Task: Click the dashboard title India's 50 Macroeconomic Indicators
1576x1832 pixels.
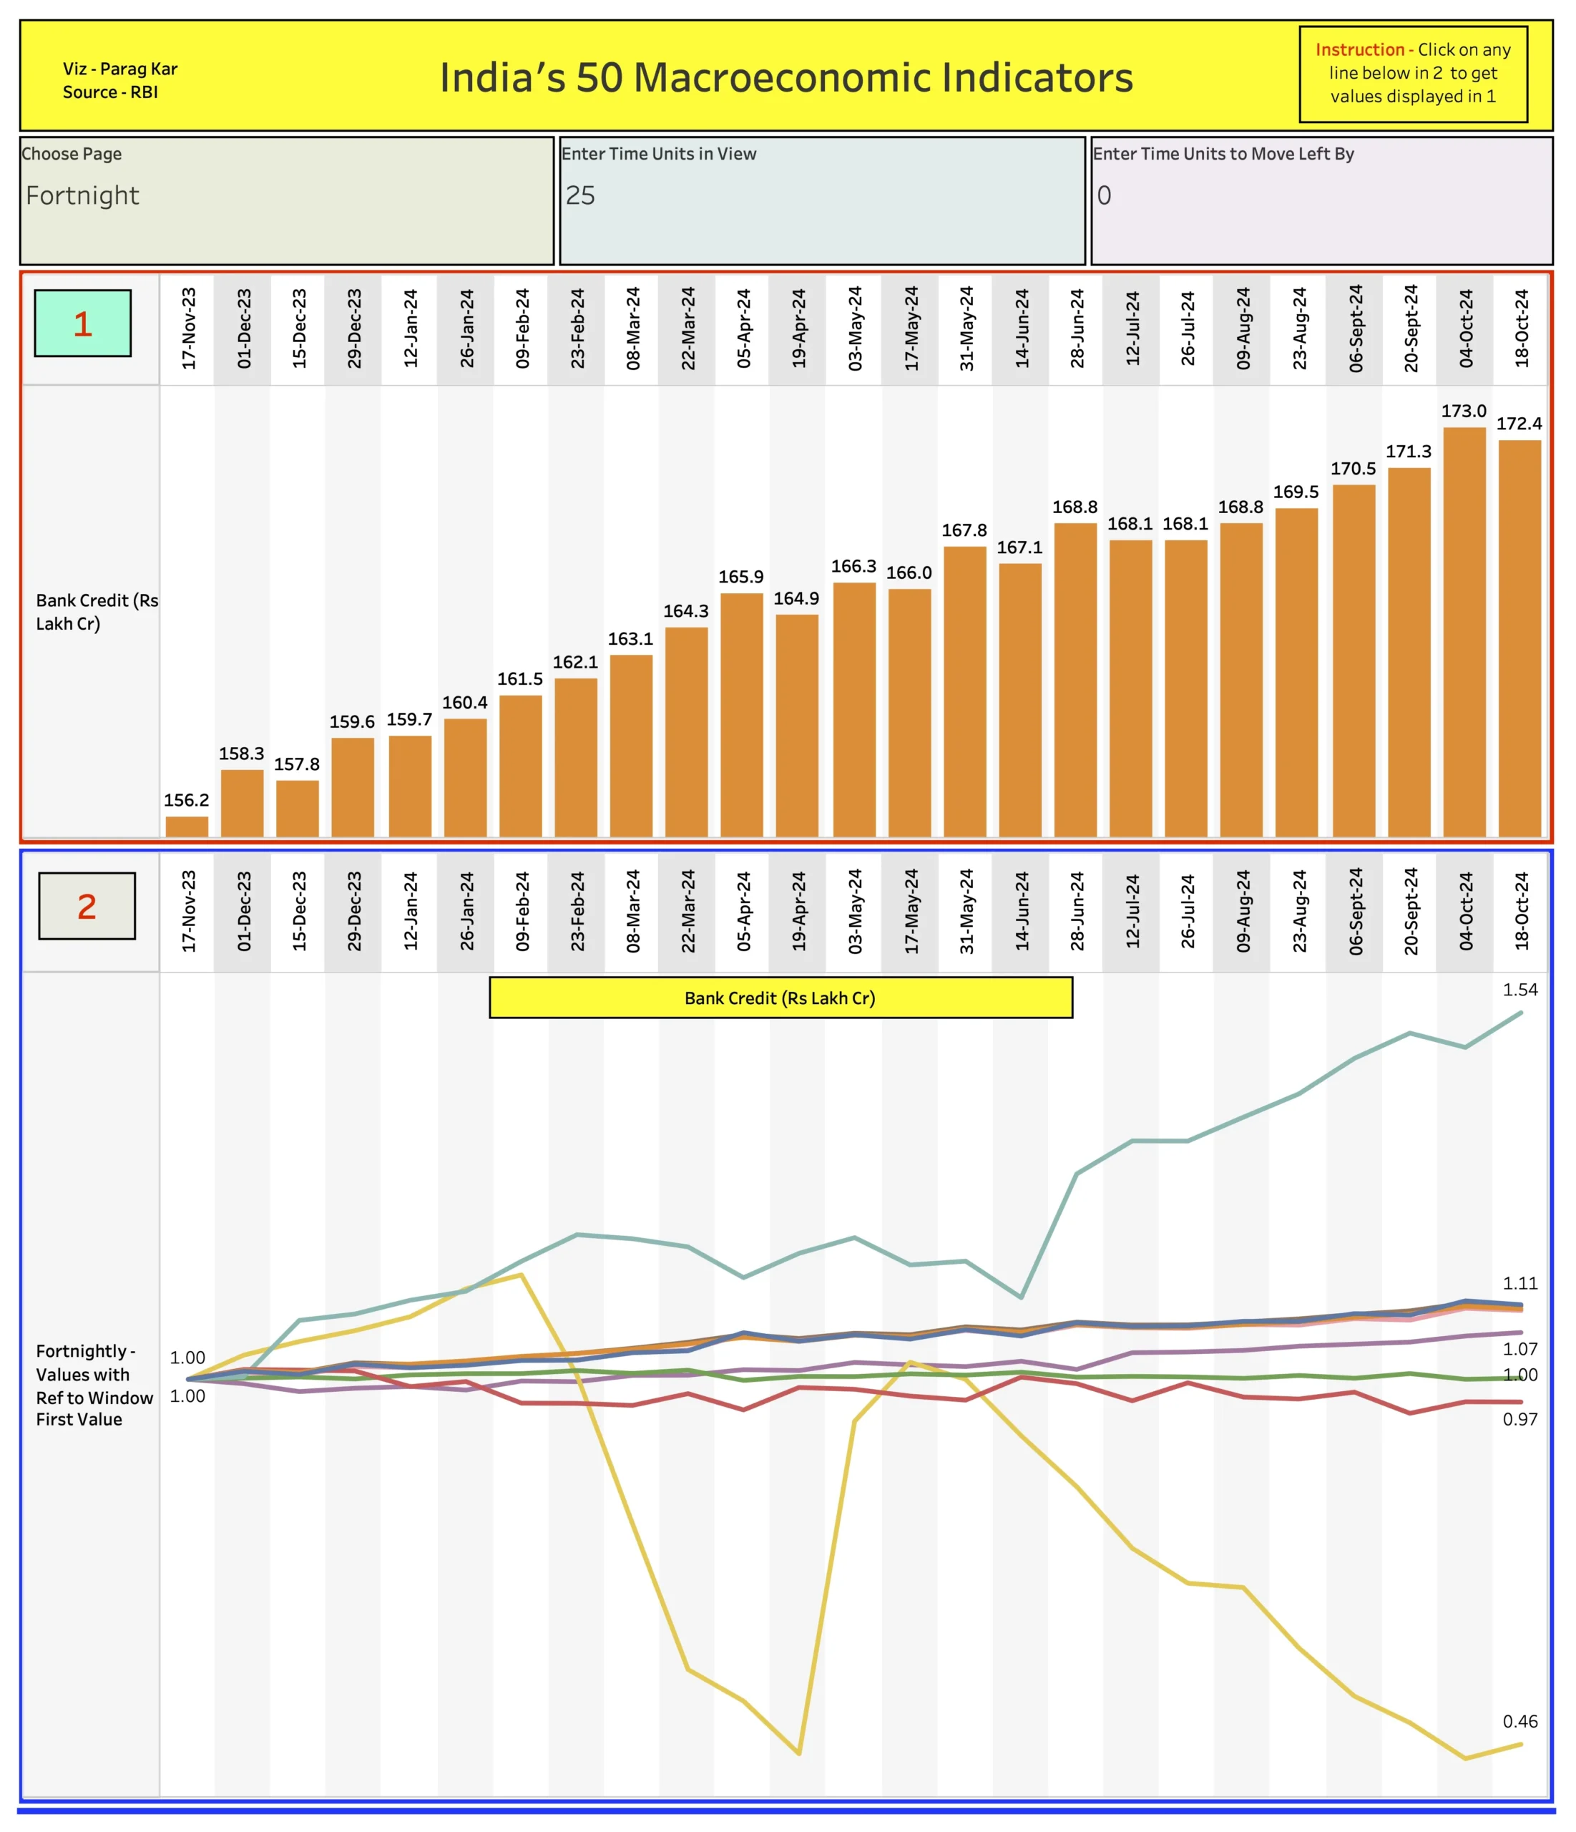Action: pyautogui.click(x=785, y=78)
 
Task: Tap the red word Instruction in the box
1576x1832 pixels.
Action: pyautogui.click(x=1359, y=50)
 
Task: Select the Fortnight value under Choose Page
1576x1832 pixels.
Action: pyautogui.click(x=83, y=195)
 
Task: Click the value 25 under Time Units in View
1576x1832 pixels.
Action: pyautogui.click(x=581, y=195)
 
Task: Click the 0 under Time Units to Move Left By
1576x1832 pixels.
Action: pyautogui.click(x=1104, y=195)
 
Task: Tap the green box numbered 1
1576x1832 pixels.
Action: pyautogui.click(x=83, y=323)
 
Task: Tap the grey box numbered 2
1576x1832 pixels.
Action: pyautogui.click(x=87, y=906)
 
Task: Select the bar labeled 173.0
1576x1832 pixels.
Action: pyautogui.click(x=1464, y=632)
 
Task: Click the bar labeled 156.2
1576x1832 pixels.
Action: pyautogui.click(x=187, y=826)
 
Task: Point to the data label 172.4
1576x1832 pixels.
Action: pyautogui.click(x=1519, y=424)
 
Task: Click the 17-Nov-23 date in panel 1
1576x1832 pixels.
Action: pyautogui.click(x=189, y=328)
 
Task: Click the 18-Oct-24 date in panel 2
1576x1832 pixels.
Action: pyautogui.click(x=1521, y=912)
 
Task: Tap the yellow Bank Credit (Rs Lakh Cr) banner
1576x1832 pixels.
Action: pyautogui.click(x=780, y=998)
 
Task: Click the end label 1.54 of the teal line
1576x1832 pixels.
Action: pyautogui.click(x=1519, y=990)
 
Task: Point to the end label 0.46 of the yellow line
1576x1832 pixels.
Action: pyautogui.click(x=1519, y=1722)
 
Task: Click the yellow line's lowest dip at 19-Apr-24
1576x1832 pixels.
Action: pyautogui.click(x=799, y=1753)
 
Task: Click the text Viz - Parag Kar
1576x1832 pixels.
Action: pyautogui.click(x=120, y=69)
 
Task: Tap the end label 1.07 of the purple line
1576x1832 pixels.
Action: pyautogui.click(x=1519, y=1348)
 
